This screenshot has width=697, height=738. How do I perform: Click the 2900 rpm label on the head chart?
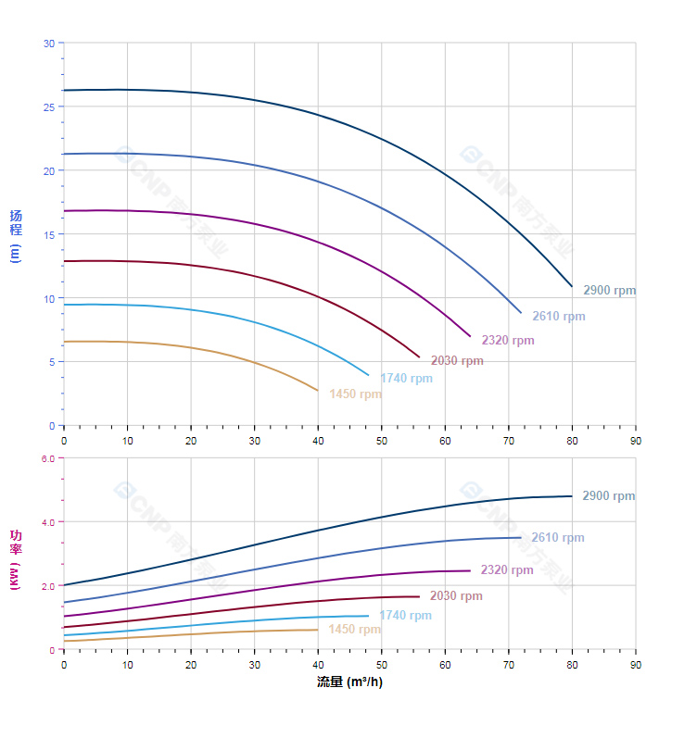(x=610, y=291)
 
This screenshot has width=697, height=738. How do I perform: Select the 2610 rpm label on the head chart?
(x=559, y=317)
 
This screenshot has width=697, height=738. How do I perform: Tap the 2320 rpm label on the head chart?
(x=508, y=341)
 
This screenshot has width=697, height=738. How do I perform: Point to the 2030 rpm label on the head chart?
(x=457, y=361)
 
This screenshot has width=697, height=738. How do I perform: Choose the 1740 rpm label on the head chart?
(x=406, y=379)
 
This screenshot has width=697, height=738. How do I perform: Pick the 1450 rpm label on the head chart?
(x=355, y=394)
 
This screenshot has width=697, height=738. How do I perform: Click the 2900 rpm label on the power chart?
(x=609, y=496)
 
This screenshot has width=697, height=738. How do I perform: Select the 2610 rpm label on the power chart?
(x=558, y=538)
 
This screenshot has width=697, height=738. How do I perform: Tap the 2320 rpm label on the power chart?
(x=507, y=570)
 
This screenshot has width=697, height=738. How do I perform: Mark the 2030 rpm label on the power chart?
(x=456, y=596)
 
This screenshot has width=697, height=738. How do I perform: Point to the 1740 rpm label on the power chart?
(x=405, y=616)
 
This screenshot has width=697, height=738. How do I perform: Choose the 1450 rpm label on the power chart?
(x=354, y=630)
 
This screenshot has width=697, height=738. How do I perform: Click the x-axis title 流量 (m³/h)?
(x=349, y=682)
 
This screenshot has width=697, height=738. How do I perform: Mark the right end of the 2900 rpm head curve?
(x=572, y=286)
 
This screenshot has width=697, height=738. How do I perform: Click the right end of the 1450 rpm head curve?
(x=318, y=391)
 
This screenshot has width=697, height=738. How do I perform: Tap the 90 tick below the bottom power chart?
(x=636, y=665)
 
